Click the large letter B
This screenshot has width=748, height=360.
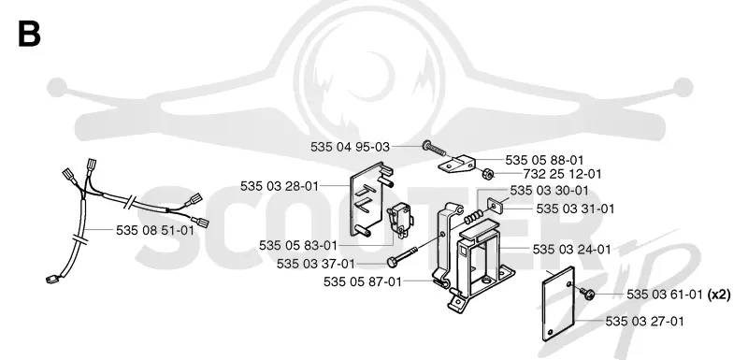29,34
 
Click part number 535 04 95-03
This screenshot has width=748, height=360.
350,147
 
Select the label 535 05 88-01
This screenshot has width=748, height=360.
544,160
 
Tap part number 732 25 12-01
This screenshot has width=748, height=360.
563,174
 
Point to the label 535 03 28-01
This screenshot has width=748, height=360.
279,186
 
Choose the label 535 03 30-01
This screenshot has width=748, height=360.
549,191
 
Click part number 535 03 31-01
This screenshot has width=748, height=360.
575,209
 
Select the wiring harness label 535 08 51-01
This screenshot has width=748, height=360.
155,231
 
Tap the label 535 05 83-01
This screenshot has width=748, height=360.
298,246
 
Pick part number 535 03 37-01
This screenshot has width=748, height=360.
316,264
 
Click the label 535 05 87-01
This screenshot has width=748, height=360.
363,281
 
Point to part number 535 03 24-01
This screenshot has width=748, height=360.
571,250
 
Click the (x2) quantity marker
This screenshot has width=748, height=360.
719,295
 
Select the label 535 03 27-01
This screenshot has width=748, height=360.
644,322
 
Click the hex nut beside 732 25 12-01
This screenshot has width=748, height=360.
487,174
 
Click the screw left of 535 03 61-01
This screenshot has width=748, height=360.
586,294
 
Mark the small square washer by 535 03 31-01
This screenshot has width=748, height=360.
496,205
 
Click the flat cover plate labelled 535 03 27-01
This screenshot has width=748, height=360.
559,304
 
